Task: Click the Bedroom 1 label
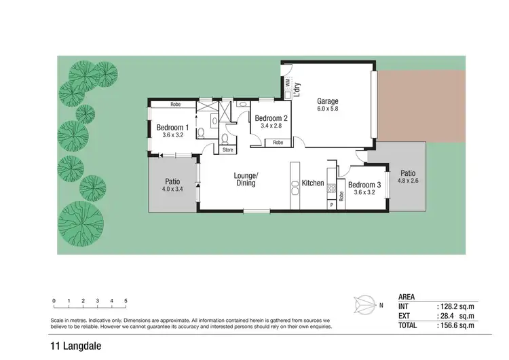pyautogui.click(x=172, y=127)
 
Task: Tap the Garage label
pyautogui.click(x=327, y=102)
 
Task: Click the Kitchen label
pyautogui.click(x=313, y=183)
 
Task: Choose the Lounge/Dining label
pyautogui.click(x=244, y=178)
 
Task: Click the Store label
pyautogui.click(x=227, y=150)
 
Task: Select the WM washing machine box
pyautogui.click(x=288, y=82)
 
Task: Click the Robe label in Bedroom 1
pyautogui.click(x=175, y=105)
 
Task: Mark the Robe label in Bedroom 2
pyautogui.click(x=278, y=143)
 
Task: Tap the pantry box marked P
pyautogui.click(x=331, y=204)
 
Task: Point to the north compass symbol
pyautogui.click(x=366, y=304)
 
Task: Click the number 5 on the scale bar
pyautogui.click(x=126, y=300)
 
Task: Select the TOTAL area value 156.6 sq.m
pyautogui.click(x=455, y=326)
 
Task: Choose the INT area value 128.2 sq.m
pyautogui.click(x=455, y=307)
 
